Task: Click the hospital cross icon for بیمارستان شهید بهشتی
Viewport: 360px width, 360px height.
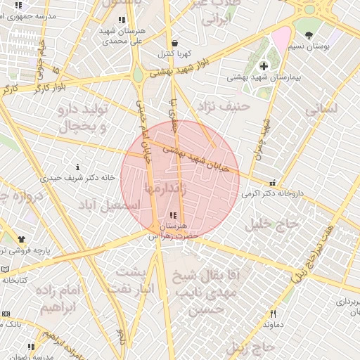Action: click(264, 66)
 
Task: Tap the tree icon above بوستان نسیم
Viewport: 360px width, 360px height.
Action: click(309, 34)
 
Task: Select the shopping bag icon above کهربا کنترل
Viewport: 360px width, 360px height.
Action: click(173, 43)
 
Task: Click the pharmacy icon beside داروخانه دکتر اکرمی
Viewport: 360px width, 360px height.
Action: click(272, 183)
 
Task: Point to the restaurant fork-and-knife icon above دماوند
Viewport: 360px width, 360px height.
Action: click(273, 314)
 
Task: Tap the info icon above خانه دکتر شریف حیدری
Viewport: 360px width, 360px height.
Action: click(77, 167)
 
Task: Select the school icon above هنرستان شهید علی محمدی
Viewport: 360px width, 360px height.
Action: click(122, 20)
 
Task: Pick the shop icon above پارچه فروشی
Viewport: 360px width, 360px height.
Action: click(21, 240)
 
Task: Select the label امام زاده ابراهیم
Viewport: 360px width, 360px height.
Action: click(63, 299)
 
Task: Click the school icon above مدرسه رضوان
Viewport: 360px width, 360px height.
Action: click(30, 347)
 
